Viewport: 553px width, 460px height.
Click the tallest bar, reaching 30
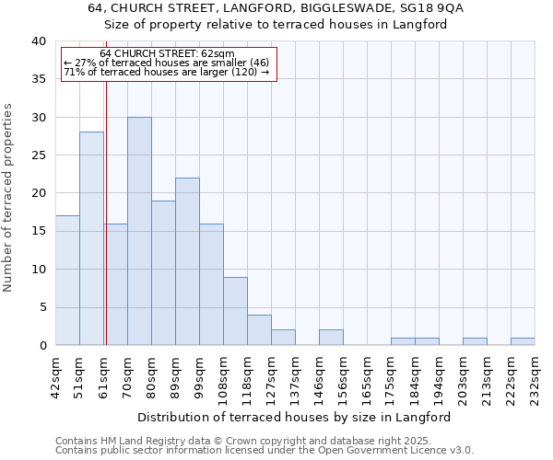[x=139, y=231]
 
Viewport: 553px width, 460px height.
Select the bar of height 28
[x=91, y=238]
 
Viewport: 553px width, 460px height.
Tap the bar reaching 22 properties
[x=187, y=261]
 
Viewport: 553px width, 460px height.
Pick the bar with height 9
[x=235, y=311]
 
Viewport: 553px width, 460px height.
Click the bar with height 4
[x=259, y=329]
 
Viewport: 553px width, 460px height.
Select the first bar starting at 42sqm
[x=67, y=281]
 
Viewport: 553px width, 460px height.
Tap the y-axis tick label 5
[x=41, y=307]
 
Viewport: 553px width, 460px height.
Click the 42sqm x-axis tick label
[x=55, y=373]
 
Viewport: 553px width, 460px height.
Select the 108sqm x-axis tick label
[x=223, y=375]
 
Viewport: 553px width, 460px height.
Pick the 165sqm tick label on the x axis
[x=367, y=375]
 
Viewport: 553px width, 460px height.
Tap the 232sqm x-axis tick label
[x=535, y=375]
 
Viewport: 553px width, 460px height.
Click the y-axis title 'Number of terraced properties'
[x=8, y=197]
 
